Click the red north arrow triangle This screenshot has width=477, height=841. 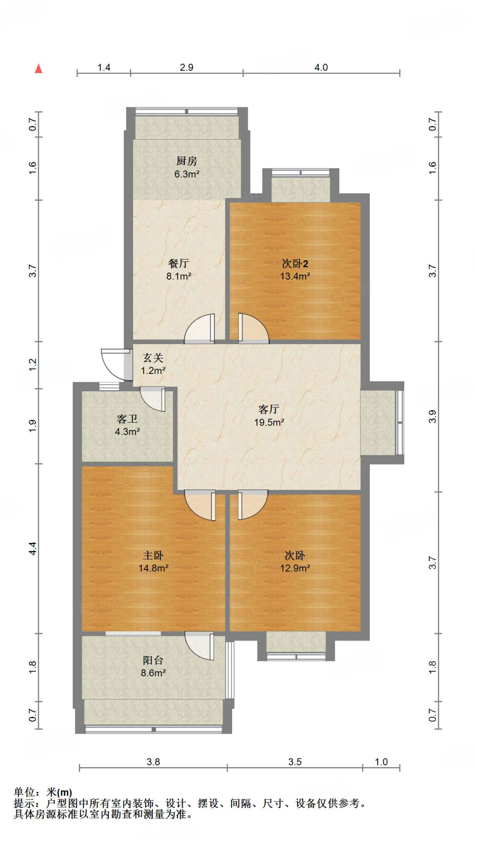point(39,69)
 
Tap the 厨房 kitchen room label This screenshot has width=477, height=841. point(187,161)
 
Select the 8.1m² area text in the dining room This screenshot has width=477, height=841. point(179,276)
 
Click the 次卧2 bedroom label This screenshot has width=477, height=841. point(295,263)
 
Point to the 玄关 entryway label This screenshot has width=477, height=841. point(153,358)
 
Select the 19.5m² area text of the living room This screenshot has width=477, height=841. point(269,422)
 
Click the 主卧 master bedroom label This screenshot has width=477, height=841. point(153,556)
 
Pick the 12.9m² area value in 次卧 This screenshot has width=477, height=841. point(295,568)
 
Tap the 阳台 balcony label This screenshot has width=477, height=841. point(153,660)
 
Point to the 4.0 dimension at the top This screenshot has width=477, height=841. point(321,67)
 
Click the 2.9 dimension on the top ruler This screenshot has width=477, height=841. point(187,67)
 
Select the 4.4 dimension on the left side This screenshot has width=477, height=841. point(33,548)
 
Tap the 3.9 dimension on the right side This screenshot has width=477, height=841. point(432,416)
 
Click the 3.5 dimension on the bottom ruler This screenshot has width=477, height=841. point(295,762)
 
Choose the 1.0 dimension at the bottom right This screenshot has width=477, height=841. point(381,762)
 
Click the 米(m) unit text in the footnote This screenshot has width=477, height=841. point(59,792)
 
